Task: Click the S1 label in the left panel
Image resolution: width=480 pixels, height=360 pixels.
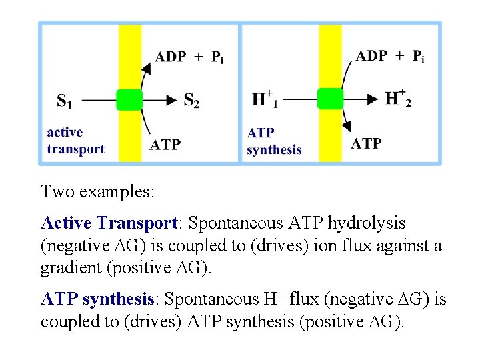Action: [65, 101]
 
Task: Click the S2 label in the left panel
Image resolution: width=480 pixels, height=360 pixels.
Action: [191, 101]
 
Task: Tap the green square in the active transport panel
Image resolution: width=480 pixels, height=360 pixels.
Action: [129, 99]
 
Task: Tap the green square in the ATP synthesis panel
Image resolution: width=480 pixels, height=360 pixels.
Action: [330, 99]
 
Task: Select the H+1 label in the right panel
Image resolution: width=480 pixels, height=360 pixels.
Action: [265, 100]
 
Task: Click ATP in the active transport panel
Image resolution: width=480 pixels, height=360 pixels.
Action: [165, 144]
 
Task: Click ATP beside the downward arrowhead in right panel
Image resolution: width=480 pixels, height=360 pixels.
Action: [366, 143]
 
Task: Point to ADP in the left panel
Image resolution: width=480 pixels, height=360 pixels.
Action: [171, 57]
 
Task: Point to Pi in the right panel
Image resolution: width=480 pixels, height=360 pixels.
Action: [418, 56]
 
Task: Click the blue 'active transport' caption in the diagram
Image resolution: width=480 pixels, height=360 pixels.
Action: [75, 141]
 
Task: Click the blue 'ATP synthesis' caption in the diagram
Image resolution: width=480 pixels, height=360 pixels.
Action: [273, 142]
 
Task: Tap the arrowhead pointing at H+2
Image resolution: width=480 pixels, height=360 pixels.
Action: [373, 99]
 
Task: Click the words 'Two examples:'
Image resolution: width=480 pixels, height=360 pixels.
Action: [98, 193]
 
